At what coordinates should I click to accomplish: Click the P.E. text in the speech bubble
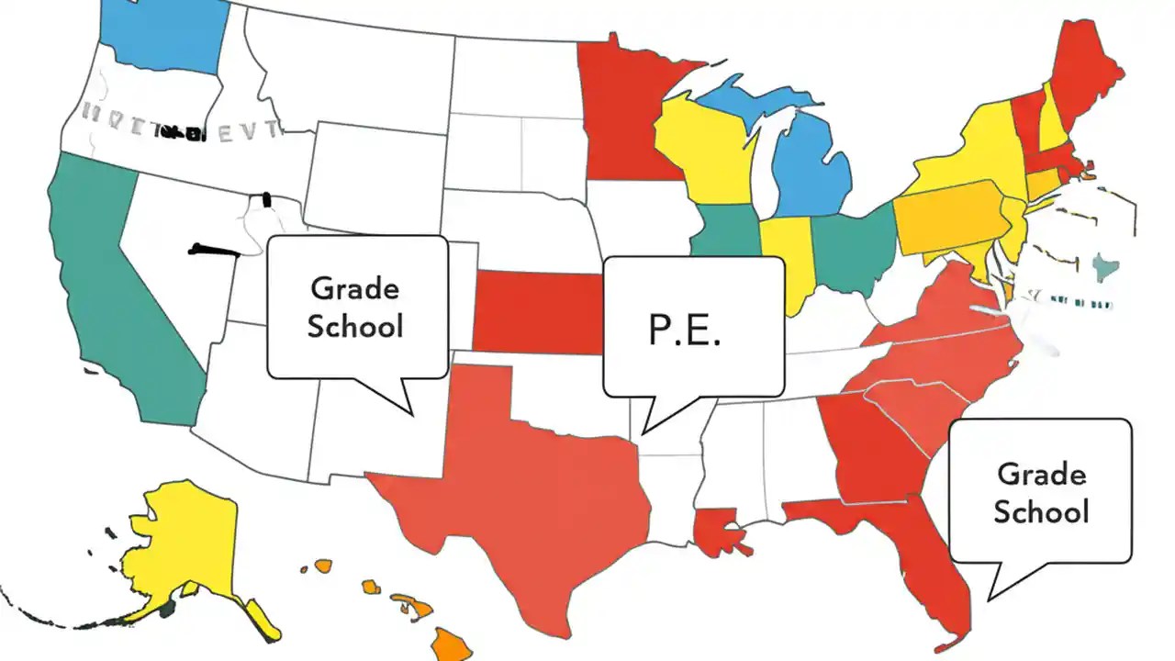pyautogui.click(x=684, y=330)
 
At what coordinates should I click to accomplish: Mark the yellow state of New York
pyautogui.click(x=964, y=156)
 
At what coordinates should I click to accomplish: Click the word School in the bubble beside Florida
pyautogui.click(x=1041, y=511)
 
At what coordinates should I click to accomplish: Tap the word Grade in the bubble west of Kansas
pyautogui.click(x=355, y=288)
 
